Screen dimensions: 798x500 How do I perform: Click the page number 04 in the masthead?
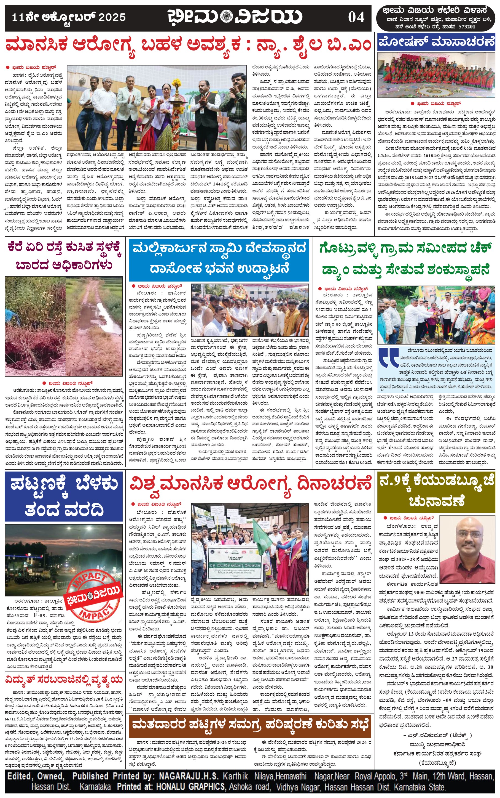coord(356,17)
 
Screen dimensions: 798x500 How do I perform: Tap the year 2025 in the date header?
coord(112,17)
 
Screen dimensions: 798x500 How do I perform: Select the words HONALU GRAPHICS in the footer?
coord(190,786)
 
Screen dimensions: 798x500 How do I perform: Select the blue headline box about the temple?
coord(219,259)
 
